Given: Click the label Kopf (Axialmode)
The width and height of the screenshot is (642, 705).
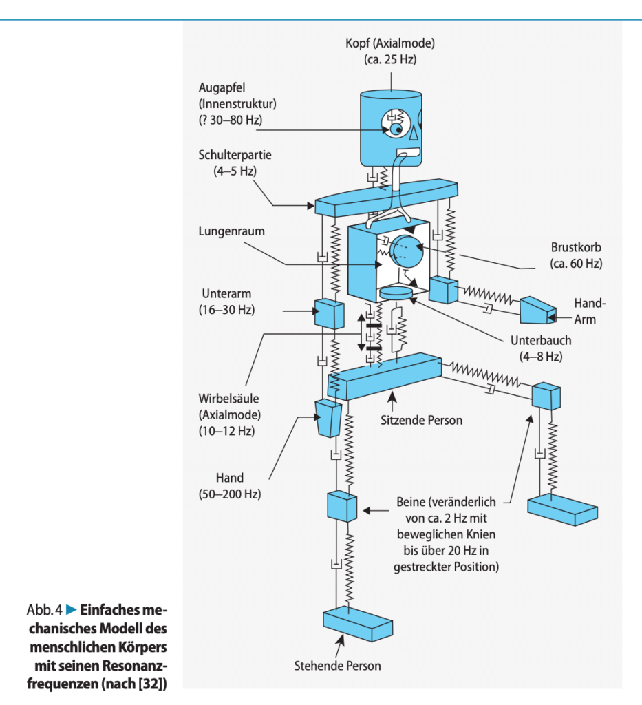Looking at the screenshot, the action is click(x=390, y=43).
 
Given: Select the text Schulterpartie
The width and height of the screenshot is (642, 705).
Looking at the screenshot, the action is click(x=235, y=155).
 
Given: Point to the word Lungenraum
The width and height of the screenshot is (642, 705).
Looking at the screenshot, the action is click(x=231, y=231).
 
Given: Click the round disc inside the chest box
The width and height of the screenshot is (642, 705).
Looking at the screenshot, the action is click(x=407, y=251).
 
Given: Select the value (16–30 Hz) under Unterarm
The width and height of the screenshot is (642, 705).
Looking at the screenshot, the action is click(x=226, y=310).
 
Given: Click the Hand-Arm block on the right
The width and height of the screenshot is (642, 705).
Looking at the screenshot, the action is click(x=538, y=310).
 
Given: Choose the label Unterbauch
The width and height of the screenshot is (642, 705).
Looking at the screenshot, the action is click(x=541, y=340).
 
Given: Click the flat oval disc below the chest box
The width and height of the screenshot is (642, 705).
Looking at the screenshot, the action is click(x=396, y=293).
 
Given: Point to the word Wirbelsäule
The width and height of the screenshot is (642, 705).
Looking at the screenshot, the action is click(x=228, y=399).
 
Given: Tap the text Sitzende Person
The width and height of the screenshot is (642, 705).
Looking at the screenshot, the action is click(x=421, y=421).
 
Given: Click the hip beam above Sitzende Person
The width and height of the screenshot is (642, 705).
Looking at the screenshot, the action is click(x=385, y=377).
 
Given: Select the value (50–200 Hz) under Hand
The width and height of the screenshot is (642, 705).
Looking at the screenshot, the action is click(x=230, y=494).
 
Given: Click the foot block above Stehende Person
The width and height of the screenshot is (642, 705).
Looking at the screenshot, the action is click(x=358, y=624).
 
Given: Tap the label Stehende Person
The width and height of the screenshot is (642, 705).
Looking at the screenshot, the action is click(x=337, y=666).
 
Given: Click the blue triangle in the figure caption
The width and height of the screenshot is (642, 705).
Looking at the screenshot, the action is click(x=72, y=610).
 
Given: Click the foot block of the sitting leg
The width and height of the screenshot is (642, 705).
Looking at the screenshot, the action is click(x=562, y=509).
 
